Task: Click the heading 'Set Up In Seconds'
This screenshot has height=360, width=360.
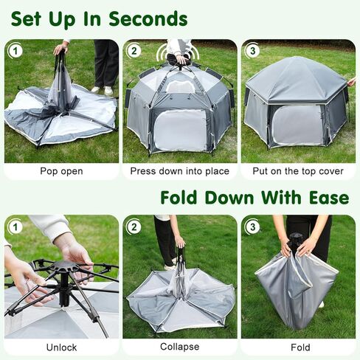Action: coord(99,18)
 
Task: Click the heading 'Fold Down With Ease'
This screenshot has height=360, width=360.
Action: coord(255,198)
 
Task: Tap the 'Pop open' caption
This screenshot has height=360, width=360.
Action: coord(61,172)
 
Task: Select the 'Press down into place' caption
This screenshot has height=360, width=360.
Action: coord(179,172)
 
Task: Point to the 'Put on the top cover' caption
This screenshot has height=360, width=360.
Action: coord(297,172)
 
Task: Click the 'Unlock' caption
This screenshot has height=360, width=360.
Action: coord(61,347)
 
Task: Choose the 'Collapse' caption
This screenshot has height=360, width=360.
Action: coord(179,347)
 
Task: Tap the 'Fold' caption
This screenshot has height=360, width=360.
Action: coord(297,347)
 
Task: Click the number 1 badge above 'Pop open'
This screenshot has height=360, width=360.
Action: coord(15,51)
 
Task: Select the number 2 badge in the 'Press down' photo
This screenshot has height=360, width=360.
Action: coord(134,51)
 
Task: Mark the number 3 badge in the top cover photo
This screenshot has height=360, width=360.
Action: coord(253,51)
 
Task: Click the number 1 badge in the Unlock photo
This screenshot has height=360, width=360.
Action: coord(15,226)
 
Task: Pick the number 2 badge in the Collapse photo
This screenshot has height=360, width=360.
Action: coord(134,226)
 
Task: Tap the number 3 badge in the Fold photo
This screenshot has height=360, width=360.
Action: coord(253,226)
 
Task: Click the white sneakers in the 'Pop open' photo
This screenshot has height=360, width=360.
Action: coord(101,90)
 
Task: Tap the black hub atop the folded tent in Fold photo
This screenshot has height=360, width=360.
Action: coord(296,240)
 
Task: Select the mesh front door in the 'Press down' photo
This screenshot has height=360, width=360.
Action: coord(179,129)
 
